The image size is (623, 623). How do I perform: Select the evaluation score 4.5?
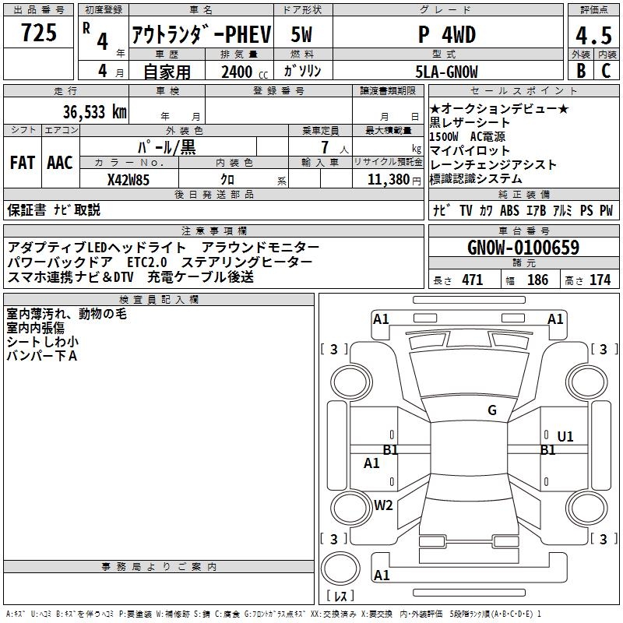coord(593,35)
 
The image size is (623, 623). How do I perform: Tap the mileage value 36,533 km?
coord(95,111)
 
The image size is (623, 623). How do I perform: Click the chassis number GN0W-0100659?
coord(523,248)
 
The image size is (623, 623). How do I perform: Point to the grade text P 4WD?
coord(447,35)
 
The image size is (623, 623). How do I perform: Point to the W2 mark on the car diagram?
coord(383,505)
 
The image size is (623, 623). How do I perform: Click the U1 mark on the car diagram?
coord(565,437)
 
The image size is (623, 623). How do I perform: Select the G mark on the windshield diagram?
coord(492,410)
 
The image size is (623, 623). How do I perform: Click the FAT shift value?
coord(22,163)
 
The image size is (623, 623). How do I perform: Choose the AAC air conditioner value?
coord(60,163)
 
